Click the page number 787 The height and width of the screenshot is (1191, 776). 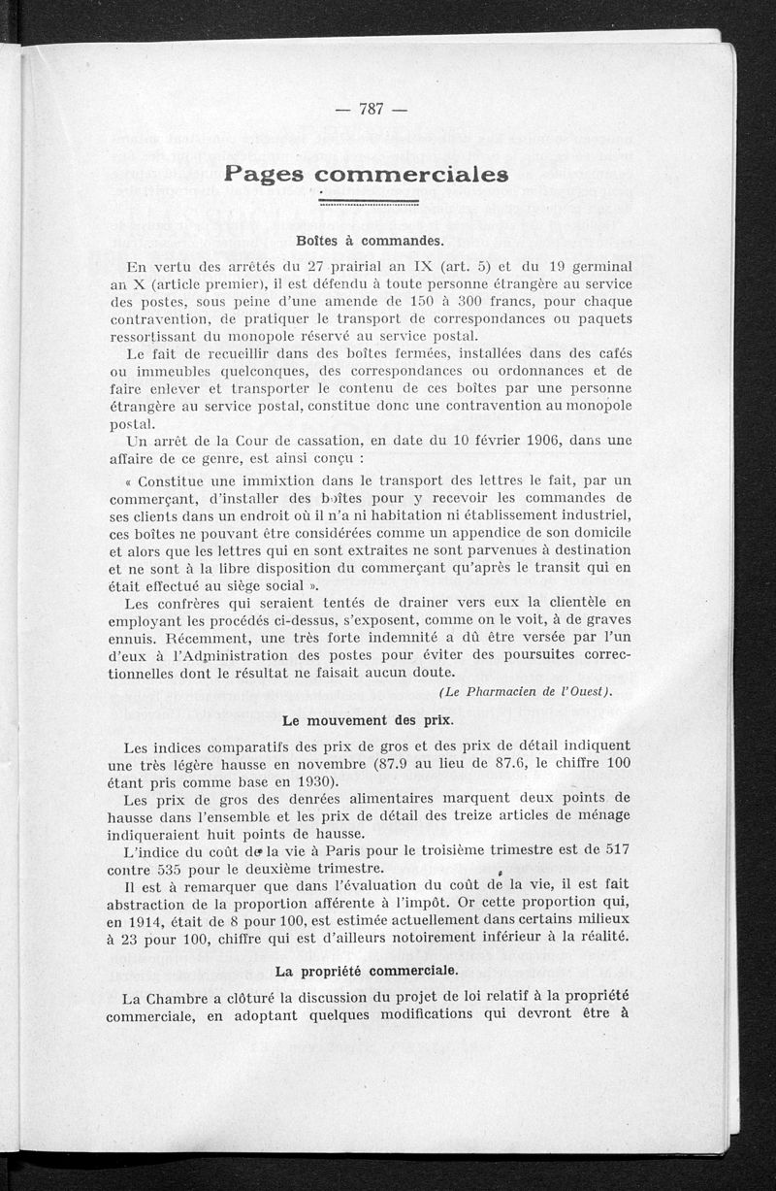click(372, 109)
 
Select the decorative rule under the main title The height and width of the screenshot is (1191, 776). click(369, 203)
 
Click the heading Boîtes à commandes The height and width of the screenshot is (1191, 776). click(369, 240)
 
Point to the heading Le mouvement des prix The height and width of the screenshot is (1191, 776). click(369, 721)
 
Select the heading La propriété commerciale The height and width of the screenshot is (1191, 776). click(369, 970)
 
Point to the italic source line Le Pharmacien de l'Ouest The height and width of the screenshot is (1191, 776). click(525, 690)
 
